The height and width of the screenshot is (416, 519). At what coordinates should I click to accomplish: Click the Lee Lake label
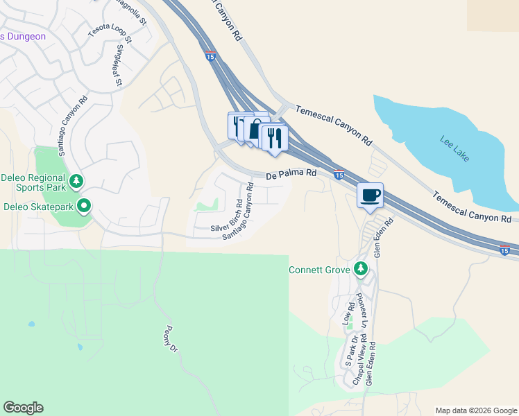tap(454, 148)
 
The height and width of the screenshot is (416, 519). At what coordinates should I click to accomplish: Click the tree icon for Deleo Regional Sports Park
tap(77, 182)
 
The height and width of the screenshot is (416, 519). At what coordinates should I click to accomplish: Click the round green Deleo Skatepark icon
tap(84, 205)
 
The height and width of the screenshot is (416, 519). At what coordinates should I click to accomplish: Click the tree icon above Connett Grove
tap(360, 268)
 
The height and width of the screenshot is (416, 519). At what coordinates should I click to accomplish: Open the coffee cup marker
tap(370, 195)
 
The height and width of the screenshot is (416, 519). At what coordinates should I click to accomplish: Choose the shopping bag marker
tap(256, 130)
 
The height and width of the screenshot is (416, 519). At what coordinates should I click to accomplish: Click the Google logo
tap(23, 408)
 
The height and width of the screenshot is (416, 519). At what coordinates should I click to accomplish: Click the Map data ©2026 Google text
tap(476, 410)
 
